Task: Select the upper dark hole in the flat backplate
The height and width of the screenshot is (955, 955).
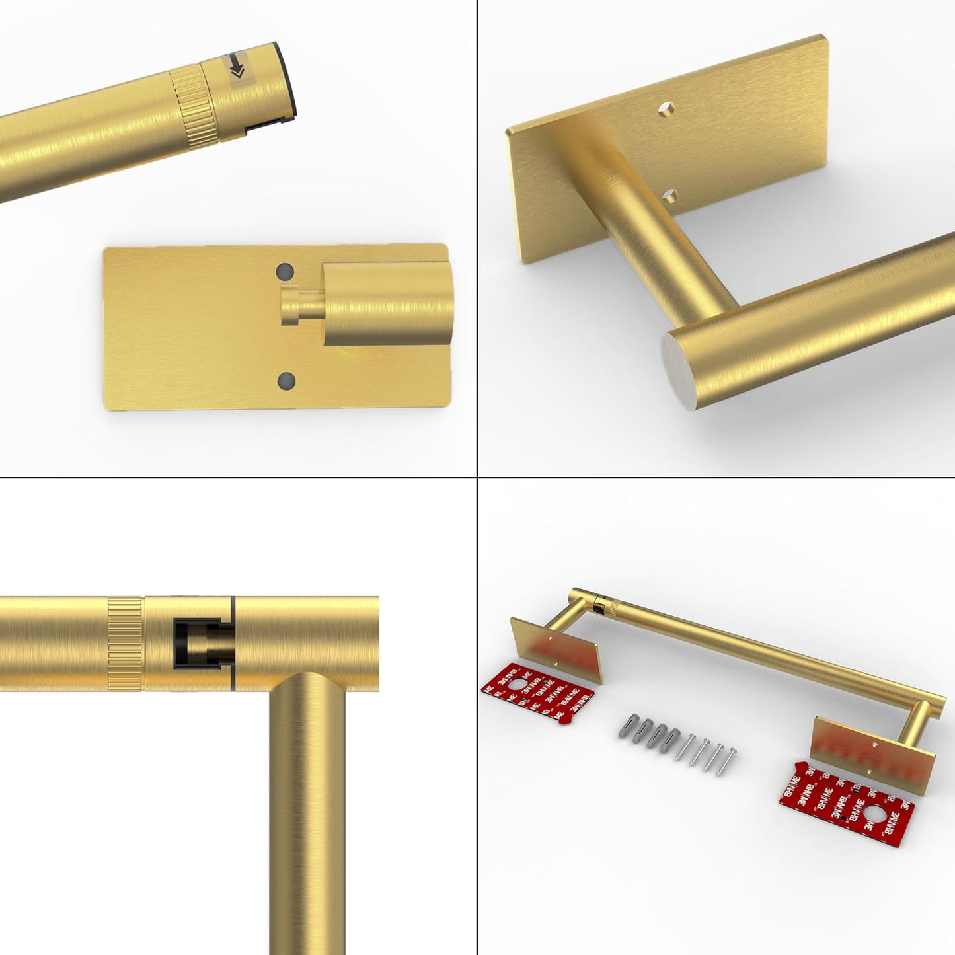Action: pyautogui.click(x=285, y=272)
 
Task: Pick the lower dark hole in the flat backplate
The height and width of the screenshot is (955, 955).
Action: pyautogui.click(x=286, y=380)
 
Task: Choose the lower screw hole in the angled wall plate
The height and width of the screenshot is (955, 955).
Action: pyautogui.click(x=672, y=196)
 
